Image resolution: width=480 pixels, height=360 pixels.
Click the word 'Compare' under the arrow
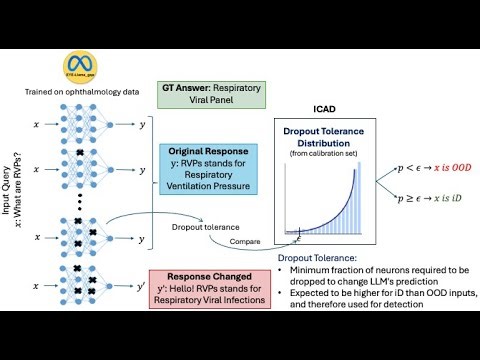pos(244,240)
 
